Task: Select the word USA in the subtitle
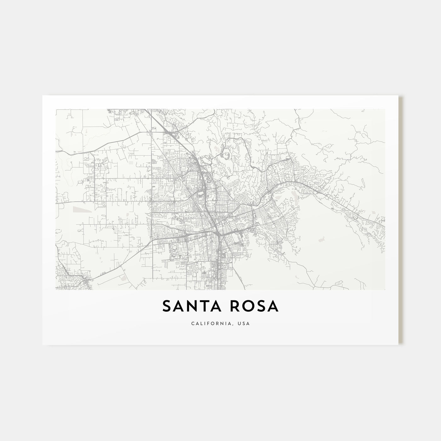244,324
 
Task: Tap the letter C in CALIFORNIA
192,324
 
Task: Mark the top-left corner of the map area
56,109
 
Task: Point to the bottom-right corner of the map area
385,289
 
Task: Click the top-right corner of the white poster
398,96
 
